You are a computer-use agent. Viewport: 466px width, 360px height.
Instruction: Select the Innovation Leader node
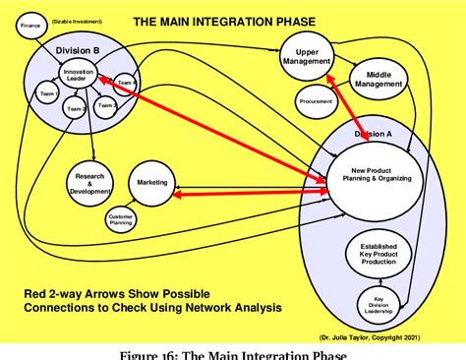tap(78, 75)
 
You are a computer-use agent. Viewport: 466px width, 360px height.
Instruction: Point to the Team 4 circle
tap(124, 83)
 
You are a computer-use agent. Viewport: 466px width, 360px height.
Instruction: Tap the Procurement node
tap(316, 100)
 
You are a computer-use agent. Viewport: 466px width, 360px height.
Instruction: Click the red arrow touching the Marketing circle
tap(246, 194)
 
